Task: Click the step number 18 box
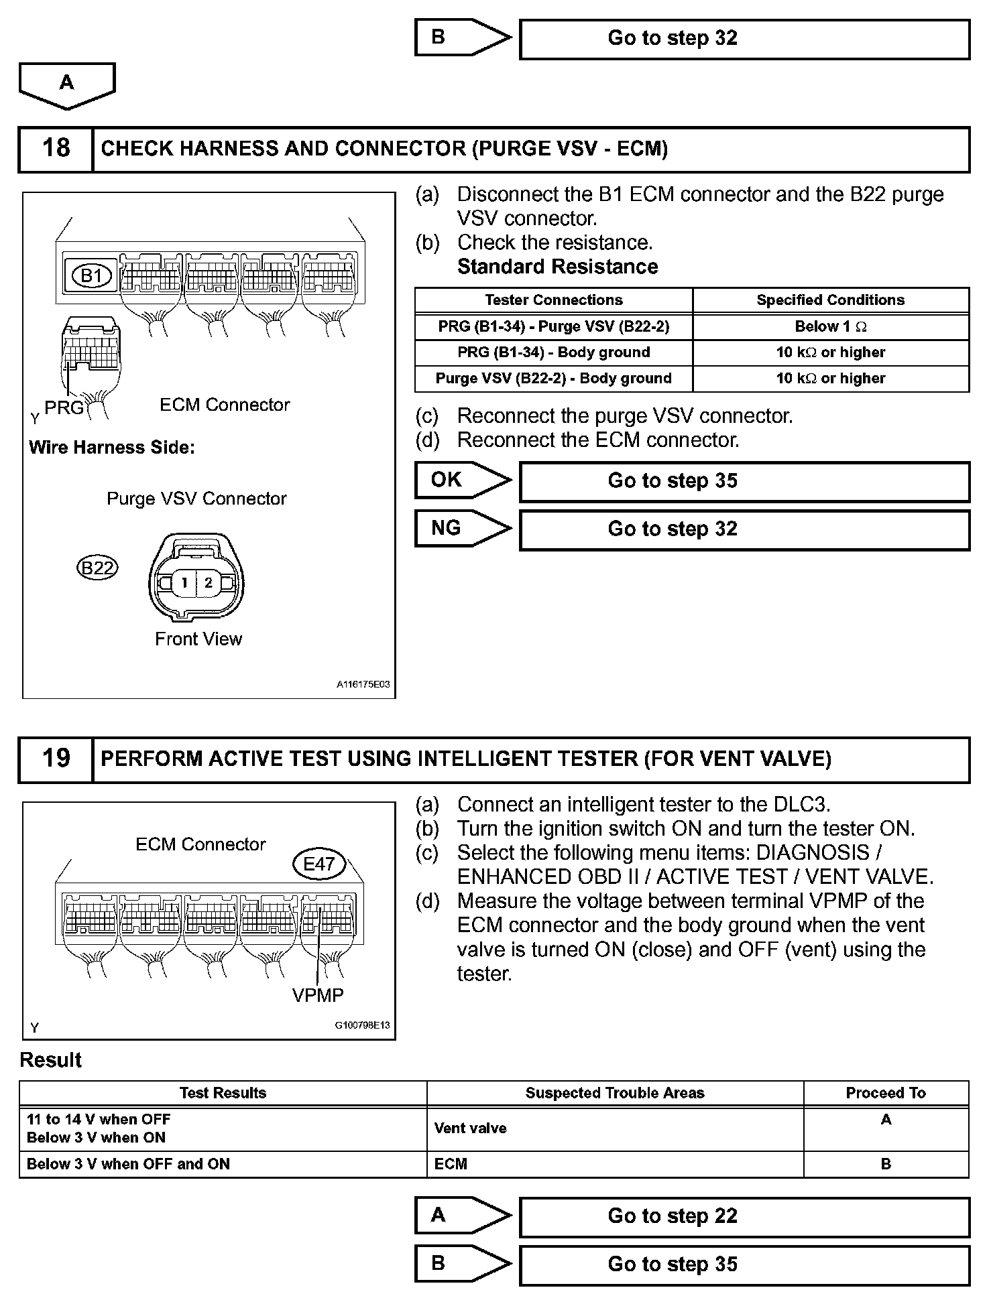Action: (56, 149)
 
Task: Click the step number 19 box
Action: (56, 759)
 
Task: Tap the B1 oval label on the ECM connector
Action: (91, 275)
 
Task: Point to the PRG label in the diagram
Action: (64, 407)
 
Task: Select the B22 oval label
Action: (97, 568)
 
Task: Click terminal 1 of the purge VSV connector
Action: (184, 582)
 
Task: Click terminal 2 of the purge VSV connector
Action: (209, 582)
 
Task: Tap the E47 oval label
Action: (319, 864)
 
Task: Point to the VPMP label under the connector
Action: (318, 995)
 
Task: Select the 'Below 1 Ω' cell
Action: (830, 327)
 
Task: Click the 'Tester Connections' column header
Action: (553, 300)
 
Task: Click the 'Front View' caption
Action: (198, 639)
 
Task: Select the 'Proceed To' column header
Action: (885, 1093)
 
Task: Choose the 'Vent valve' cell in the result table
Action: (471, 1128)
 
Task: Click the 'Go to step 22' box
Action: (744, 1216)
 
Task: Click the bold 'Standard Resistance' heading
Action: (557, 267)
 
